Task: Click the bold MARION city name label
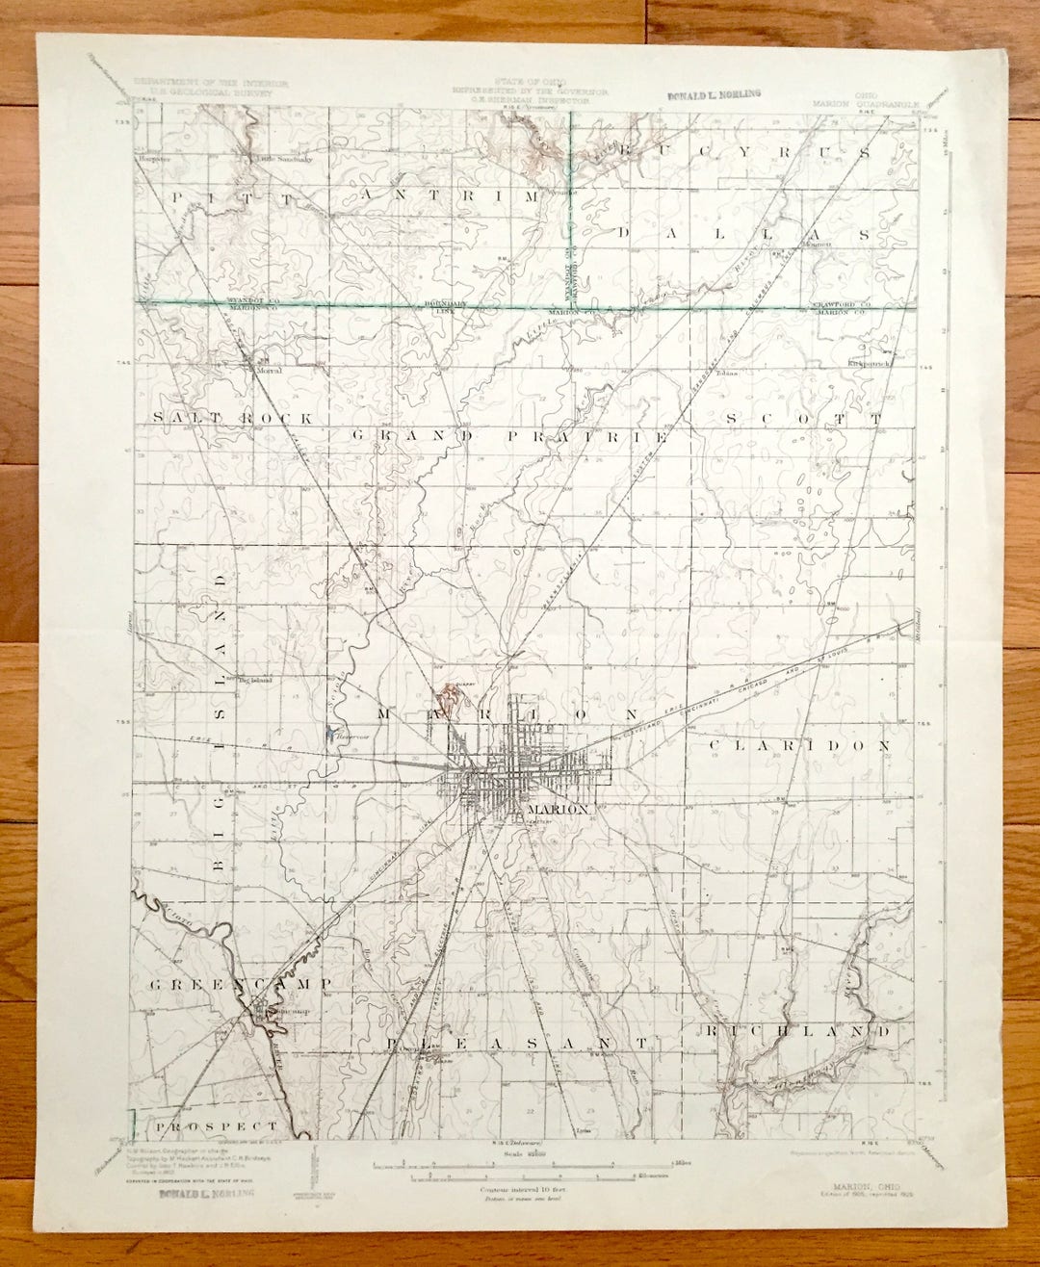(x=557, y=810)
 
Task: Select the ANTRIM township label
(x=453, y=195)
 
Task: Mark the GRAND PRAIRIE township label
(x=508, y=436)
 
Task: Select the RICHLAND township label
(x=797, y=1031)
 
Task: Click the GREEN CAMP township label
(x=241, y=983)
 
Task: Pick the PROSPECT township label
(x=217, y=1125)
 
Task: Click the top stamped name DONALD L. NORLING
(x=714, y=94)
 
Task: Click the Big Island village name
(x=255, y=680)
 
